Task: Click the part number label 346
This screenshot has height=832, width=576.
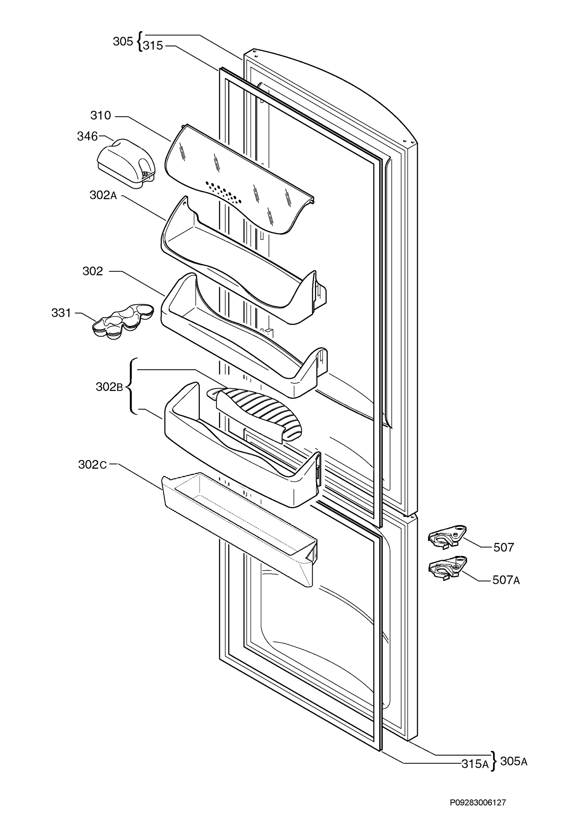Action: [x=87, y=136]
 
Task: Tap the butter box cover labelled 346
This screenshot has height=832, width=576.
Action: [x=126, y=163]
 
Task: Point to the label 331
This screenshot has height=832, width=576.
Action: [x=61, y=313]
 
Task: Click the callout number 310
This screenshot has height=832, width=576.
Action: [x=101, y=116]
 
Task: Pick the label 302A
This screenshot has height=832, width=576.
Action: [x=103, y=195]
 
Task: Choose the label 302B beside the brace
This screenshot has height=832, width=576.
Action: [x=109, y=387]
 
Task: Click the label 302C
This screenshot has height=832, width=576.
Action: [x=92, y=465]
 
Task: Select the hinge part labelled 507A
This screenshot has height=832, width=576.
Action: [x=448, y=568]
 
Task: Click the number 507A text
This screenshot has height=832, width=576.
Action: [x=506, y=580]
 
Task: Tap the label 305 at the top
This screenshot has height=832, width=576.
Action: [x=123, y=42]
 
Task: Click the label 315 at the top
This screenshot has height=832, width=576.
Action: [x=153, y=46]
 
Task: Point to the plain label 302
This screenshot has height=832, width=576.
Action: [x=93, y=271]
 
